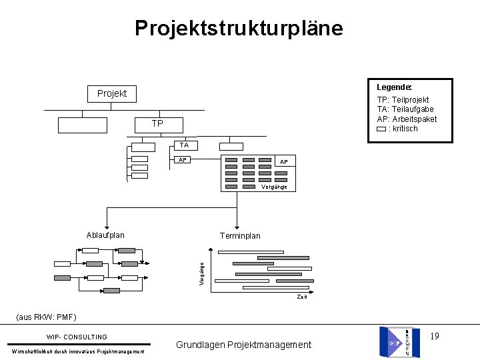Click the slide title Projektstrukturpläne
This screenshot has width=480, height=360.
point(239,28)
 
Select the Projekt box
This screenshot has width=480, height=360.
point(112,93)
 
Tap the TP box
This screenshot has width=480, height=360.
point(157,124)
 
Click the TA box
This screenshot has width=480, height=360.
point(184,145)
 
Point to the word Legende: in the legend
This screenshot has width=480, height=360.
point(394,87)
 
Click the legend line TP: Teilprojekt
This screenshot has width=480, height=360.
point(403,100)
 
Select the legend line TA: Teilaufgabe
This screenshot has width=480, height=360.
point(405,109)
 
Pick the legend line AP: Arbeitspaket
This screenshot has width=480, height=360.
point(407,119)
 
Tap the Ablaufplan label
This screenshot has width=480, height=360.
point(105,235)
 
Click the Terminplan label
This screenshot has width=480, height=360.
point(240,236)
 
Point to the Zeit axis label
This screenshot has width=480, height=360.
point(302,297)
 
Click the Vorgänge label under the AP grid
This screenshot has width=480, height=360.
point(274,187)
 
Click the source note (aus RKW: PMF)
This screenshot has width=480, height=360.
point(46,317)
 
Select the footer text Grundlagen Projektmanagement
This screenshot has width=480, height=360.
point(243,345)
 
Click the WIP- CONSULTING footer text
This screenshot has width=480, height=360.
point(77,337)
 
